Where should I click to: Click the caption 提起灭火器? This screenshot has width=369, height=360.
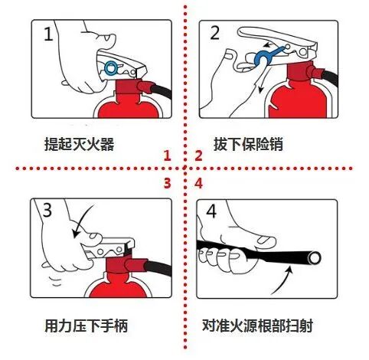coord(79,144)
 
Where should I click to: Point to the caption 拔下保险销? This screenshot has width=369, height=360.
coord(249,144)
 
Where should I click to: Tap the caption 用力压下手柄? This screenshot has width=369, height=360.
coord(85,327)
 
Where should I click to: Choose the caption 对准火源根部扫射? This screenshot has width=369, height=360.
coord(260,327)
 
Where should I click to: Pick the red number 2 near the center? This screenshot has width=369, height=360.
coord(198,156)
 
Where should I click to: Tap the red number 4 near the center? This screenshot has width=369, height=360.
coord(198,183)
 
